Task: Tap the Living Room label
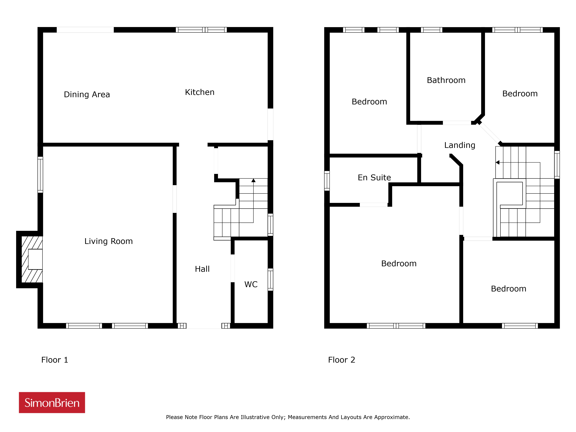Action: [109, 241]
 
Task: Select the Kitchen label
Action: [200, 92]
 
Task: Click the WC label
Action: [251, 284]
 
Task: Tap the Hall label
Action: [202, 269]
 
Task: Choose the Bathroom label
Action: [446, 80]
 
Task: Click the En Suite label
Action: [374, 178]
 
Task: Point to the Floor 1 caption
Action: [55, 360]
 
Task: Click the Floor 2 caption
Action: [342, 360]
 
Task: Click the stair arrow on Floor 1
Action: [253, 200]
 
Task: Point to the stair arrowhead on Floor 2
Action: [497, 162]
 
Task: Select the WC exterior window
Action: [271, 279]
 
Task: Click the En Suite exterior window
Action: [327, 181]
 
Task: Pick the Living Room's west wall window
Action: [40, 175]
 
